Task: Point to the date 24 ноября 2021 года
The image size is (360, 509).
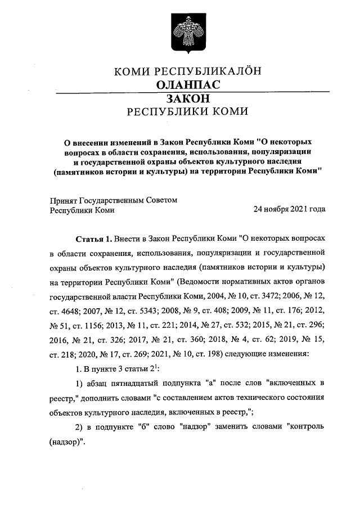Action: [289, 210]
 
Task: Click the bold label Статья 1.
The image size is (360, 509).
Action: [93, 238]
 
